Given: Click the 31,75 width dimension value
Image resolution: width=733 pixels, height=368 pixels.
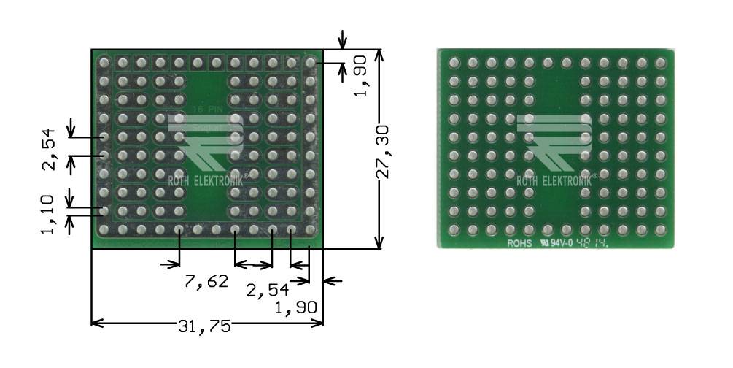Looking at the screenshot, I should [x=205, y=326].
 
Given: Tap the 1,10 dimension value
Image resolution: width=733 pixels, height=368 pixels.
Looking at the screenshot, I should [x=48, y=215].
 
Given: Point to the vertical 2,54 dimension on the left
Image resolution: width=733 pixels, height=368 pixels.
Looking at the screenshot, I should [x=48, y=149].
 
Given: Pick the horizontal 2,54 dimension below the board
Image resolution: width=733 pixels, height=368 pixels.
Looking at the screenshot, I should [x=263, y=291].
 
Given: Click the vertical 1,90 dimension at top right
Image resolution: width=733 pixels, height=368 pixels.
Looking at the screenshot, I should [x=360, y=78].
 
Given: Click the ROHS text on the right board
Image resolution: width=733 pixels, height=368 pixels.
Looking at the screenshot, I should [x=521, y=243].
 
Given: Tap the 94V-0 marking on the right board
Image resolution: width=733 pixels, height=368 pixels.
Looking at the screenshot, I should [x=560, y=243].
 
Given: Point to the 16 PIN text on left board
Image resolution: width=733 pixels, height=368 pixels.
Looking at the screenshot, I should [x=206, y=110].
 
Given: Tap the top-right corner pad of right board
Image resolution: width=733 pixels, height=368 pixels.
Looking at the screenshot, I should [x=660, y=64].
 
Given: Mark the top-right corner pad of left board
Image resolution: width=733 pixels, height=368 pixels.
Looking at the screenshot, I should [x=310, y=64].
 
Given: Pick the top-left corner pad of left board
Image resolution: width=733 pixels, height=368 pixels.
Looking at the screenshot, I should [x=104, y=64].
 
